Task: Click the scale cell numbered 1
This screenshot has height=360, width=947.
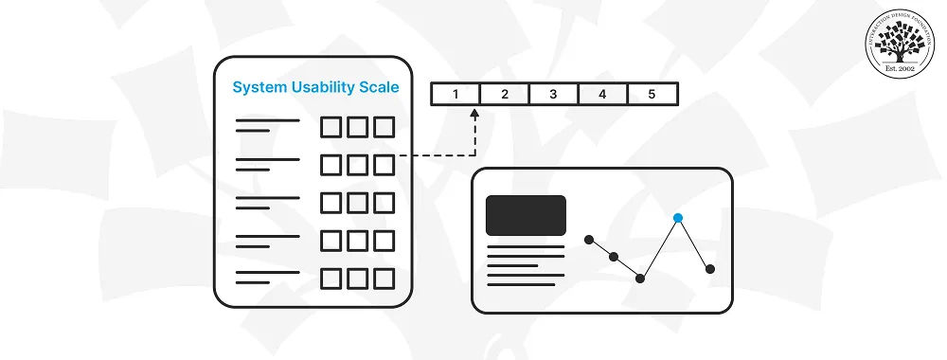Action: tap(456, 94)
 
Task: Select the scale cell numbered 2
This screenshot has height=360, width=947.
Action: tap(505, 94)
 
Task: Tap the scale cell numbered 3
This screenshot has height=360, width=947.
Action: tap(553, 94)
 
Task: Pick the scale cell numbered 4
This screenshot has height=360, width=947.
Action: tap(602, 94)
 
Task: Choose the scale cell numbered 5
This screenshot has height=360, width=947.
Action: tap(652, 94)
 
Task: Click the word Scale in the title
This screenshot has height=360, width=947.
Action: tap(380, 88)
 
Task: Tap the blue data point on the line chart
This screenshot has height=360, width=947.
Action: tap(678, 218)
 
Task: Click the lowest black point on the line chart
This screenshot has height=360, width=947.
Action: tap(640, 279)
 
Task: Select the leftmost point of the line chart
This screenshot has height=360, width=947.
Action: tap(589, 239)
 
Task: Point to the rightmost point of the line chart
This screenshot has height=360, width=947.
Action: tap(710, 269)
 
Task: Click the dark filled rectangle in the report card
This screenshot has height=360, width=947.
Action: tap(526, 215)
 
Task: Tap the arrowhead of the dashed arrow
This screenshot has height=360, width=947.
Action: tap(474, 114)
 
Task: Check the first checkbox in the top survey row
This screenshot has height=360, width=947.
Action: tap(331, 127)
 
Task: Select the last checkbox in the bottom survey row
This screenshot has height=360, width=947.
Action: tap(384, 279)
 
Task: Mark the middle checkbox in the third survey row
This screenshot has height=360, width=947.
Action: tap(357, 203)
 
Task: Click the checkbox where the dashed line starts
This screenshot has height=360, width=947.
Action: tap(384, 165)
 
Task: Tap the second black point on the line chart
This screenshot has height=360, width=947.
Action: tap(614, 257)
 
